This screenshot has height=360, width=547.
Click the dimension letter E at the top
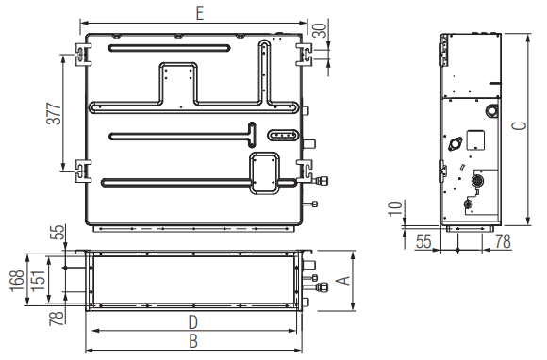pyautogui.click(x=200, y=14)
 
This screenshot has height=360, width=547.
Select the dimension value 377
pyautogui.click(x=54, y=114)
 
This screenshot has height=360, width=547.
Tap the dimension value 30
pyautogui.click(x=320, y=30)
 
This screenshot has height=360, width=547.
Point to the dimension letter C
pyautogui.click(x=519, y=125)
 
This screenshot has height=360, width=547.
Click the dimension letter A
pyautogui.click(x=344, y=281)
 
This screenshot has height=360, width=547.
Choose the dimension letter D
pyautogui.click(x=193, y=322)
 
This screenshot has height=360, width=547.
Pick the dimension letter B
pyautogui.click(x=193, y=341)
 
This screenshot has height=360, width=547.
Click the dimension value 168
pyautogui.click(x=17, y=281)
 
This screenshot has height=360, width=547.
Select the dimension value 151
pyautogui.click(x=39, y=281)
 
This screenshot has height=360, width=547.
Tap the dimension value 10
pyautogui.click(x=395, y=208)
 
